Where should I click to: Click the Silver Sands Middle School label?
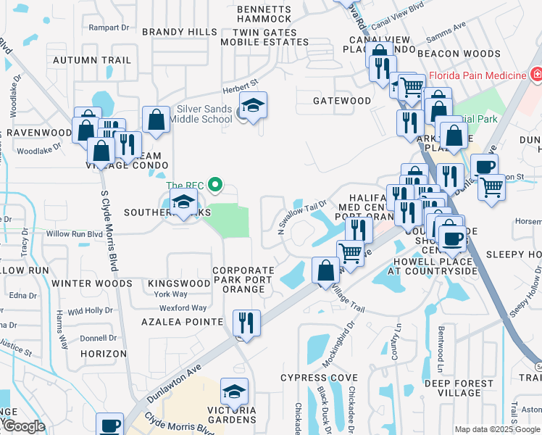pos(205,114)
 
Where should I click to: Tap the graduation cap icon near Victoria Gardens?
pos(234,392)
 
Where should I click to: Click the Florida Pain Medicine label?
pos(477,75)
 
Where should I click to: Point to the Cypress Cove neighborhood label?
pos(320,378)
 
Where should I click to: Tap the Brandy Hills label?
pos(179,32)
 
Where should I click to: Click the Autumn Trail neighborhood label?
pos(92,60)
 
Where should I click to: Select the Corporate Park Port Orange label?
pos(243,280)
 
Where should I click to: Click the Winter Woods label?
pos(92,283)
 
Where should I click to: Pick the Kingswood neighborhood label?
pos(178,283)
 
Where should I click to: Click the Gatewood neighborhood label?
pos(342,101)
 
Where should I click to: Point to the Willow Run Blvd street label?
pos(75,234)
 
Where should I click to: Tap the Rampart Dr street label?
pos(108,28)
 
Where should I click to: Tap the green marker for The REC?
pos(214,185)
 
